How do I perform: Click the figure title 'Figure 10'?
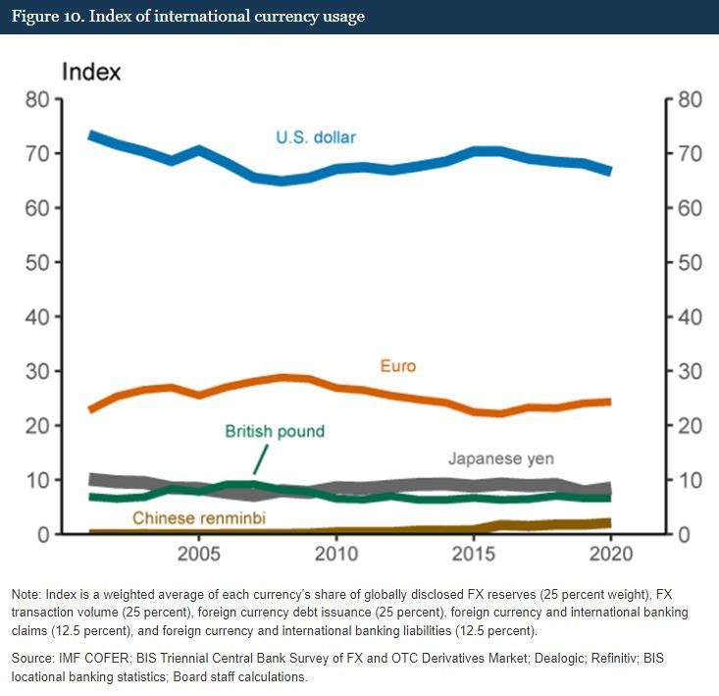coord(186,17)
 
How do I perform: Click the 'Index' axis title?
coord(91,72)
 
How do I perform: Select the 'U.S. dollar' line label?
coord(315,136)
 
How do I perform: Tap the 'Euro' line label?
coord(398,366)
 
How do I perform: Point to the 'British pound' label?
coord(275,431)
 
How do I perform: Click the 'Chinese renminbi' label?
coord(199,517)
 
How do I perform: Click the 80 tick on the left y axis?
coord(38,99)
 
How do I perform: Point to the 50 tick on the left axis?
coord(38,262)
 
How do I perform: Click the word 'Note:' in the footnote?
coord(29,596)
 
